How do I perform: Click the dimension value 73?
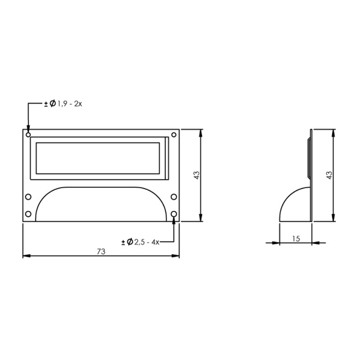(x=100, y=251)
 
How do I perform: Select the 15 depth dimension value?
(x=295, y=238)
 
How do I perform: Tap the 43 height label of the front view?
(x=196, y=175)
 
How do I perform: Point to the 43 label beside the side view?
(x=329, y=175)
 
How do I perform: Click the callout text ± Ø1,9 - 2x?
(x=63, y=104)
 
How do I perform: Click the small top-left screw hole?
(x=28, y=134)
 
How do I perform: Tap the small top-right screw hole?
(x=174, y=134)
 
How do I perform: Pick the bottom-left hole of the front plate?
(x=28, y=214)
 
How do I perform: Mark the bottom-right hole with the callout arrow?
(x=174, y=214)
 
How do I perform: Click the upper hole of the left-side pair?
(x=28, y=197)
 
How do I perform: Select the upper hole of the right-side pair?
(x=174, y=197)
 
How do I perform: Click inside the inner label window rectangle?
(x=97, y=158)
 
